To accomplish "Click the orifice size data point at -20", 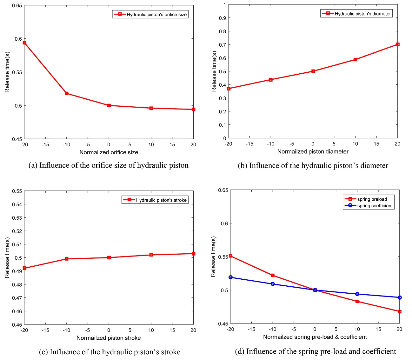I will point(24,43).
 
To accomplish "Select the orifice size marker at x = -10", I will point(67,93).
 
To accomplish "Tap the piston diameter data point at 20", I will point(397,44).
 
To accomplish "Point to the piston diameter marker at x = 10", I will point(355,60).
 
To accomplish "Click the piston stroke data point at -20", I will point(24,268).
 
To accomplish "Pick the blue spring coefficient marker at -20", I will point(230,277).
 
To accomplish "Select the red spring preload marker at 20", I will point(399,311).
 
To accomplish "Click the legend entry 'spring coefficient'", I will point(375,206).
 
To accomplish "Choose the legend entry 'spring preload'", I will point(372,199).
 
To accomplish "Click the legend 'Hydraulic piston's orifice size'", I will point(156,14).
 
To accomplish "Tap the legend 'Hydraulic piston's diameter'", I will point(362,14).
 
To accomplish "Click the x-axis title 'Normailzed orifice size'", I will point(109,152).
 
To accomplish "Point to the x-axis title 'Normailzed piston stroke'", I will point(109,338).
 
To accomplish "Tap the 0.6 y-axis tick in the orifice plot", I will point(18,39).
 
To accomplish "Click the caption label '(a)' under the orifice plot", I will point(33,165).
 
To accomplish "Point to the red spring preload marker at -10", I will point(273,275).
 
